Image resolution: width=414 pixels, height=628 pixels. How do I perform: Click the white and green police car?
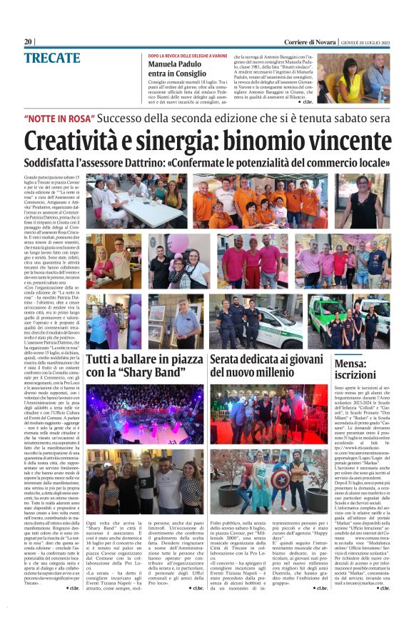click(x=243, y=329)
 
